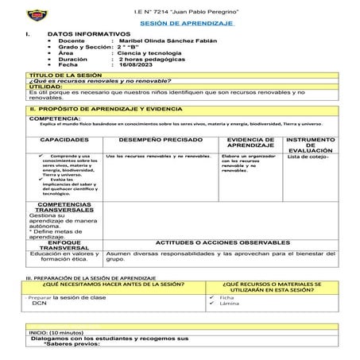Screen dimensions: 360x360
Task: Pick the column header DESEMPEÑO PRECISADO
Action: [x=157, y=138]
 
